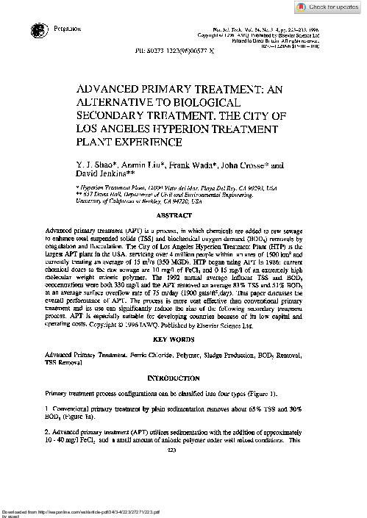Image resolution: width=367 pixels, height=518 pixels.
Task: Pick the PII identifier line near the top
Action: [x=183, y=51]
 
